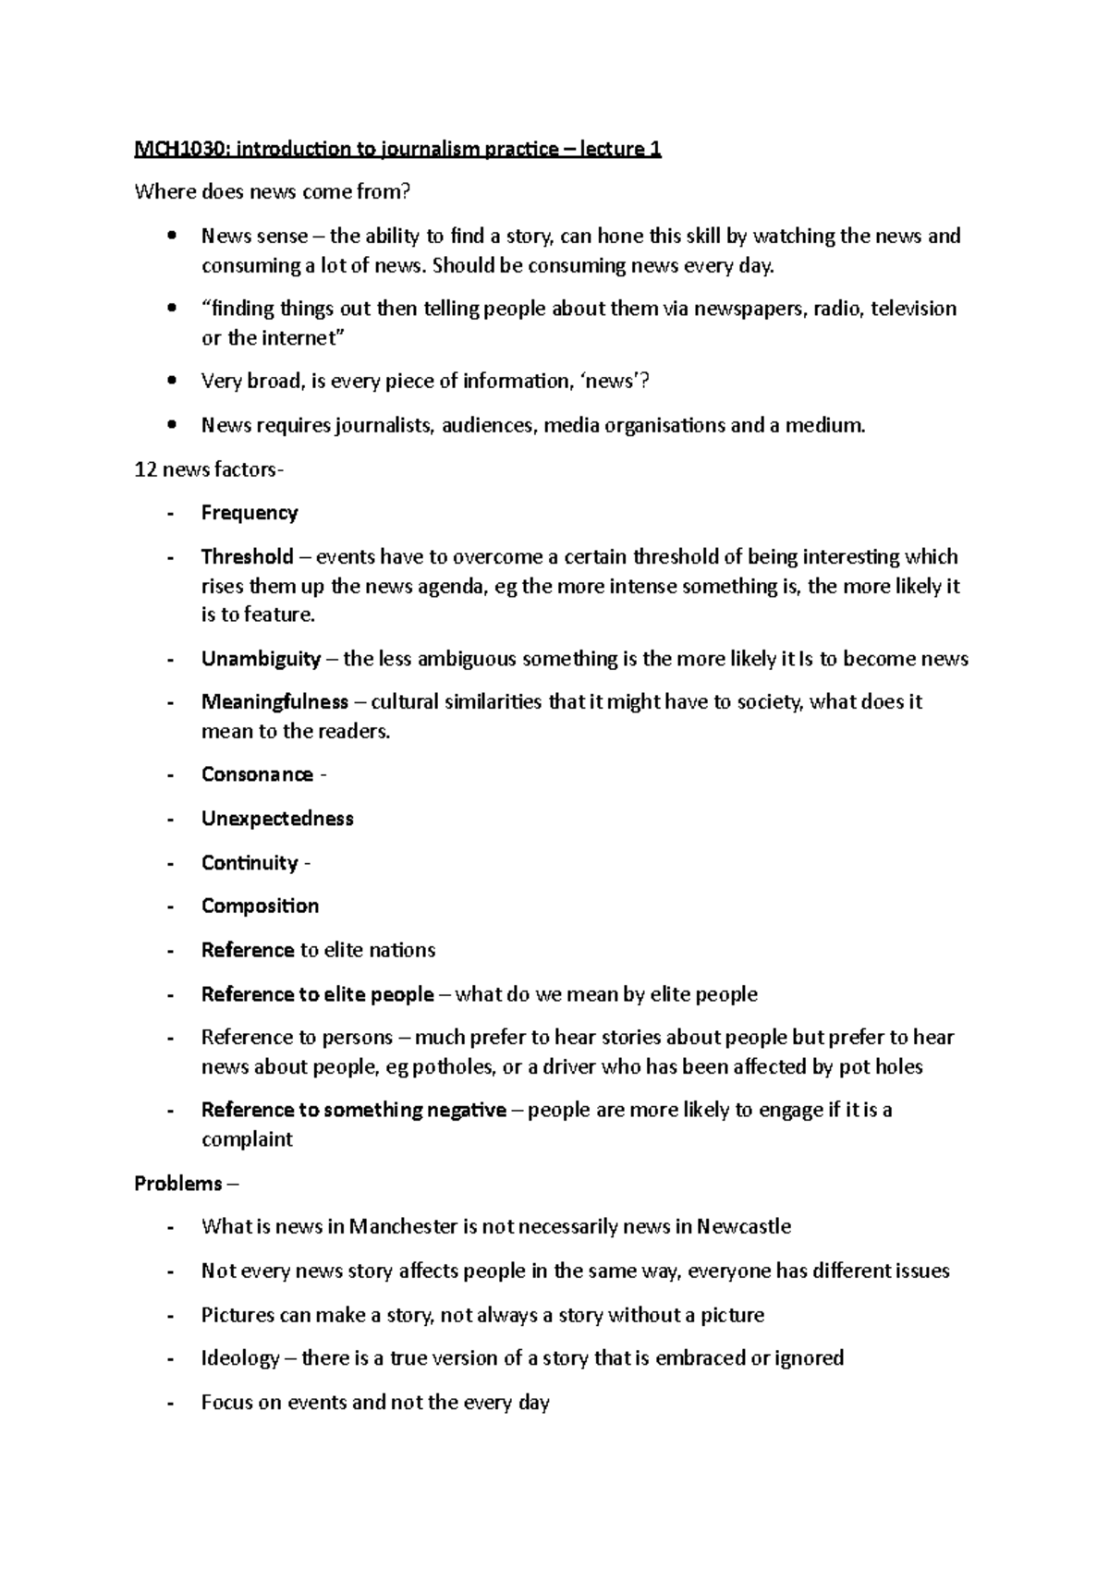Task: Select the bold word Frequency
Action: click(250, 513)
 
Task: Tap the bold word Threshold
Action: click(247, 556)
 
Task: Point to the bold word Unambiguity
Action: click(261, 659)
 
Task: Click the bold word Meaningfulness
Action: click(274, 701)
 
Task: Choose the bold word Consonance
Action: click(257, 774)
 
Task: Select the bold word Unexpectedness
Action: click(277, 819)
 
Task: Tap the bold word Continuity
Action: click(250, 863)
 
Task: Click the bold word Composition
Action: click(260, 906)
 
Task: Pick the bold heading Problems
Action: click(178, 1184)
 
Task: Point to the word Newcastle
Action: click(744, 1226)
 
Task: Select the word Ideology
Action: click(240, 1358)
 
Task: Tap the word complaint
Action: click(247, 1139)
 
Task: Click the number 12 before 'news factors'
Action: click(145, 469)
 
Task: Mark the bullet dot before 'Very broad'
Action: click(172, 382)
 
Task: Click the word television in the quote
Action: click(913, 309)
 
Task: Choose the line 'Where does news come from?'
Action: click(272, 192)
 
